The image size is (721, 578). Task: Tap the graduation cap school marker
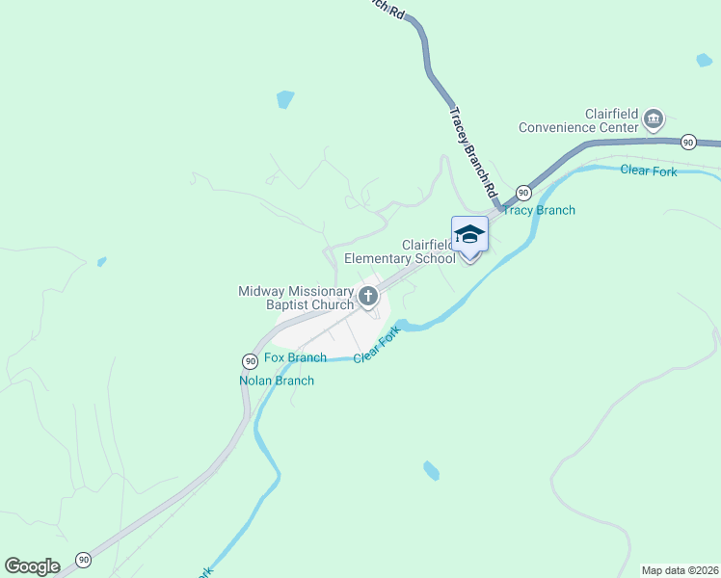469,235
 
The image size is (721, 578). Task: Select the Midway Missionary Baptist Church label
297,298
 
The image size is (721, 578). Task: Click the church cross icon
367,297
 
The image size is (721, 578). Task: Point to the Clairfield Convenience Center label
578,119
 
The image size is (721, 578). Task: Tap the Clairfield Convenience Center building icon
654,119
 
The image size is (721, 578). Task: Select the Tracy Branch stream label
539,210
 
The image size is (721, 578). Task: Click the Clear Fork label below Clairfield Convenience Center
649,171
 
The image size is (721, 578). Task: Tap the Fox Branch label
295,357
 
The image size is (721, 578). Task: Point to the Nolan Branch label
277,381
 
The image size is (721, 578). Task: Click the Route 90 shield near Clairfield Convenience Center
687,142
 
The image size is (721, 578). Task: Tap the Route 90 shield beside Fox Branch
249,360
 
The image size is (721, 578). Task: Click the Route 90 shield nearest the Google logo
84,559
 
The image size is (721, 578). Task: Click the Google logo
32,566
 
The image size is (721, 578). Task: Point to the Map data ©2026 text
679,570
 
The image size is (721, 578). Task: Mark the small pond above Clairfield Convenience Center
705,60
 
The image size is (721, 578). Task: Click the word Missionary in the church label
318,291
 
